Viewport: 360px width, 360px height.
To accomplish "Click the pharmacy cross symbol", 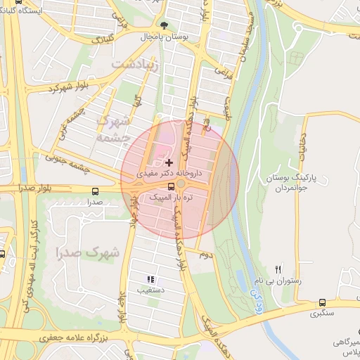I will click(169, 162).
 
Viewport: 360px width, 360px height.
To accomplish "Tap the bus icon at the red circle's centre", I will click(171, 186).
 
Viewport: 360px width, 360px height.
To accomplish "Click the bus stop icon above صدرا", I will click(95, 191).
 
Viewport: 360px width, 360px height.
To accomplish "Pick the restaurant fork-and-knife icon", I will click(278, 269).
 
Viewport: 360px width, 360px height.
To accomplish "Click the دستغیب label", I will click(150, 289).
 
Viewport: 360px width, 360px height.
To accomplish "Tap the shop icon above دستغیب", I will click(150, 279).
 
